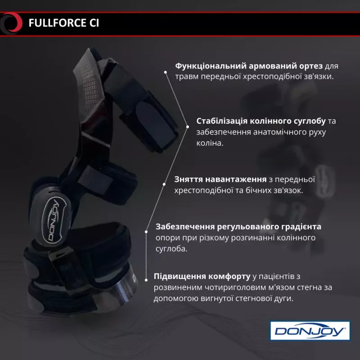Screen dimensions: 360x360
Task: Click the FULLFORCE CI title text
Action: point(63,23)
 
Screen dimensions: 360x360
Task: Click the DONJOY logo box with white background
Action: point(310,331)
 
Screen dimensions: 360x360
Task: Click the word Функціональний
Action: point(211,66)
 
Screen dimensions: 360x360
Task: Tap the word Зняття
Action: point(188,179)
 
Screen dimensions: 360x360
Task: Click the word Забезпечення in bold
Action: point(185,227)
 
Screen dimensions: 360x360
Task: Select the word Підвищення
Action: point(176,276)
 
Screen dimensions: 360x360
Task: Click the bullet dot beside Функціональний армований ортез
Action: point(165,72)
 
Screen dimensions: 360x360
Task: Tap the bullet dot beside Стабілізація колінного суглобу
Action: point(188,127)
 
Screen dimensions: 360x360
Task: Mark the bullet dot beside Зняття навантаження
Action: point(164,184)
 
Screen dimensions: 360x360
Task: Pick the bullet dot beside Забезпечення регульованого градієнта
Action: point(146,232)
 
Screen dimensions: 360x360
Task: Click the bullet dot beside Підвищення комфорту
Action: point(146,280)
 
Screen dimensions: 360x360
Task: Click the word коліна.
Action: point(210,143)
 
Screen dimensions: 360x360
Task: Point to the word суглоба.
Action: point(171,249)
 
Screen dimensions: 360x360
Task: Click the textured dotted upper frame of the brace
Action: point(88,85)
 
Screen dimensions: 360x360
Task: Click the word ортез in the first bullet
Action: point(311,66)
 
